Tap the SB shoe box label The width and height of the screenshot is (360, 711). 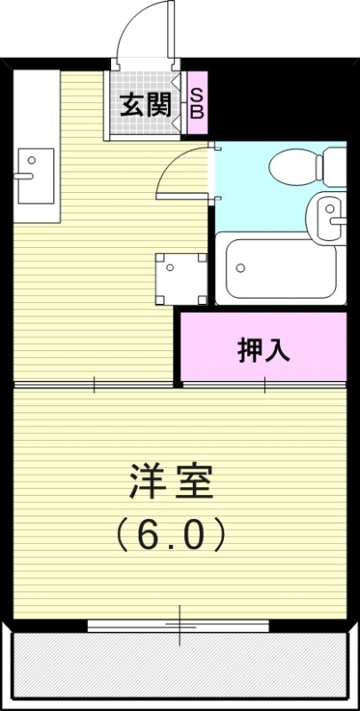click(197, 104)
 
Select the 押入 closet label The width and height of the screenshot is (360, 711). click(263, 349)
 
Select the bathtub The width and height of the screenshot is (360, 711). click(281, 268)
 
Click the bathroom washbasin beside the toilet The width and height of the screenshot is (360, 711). click(326, 214)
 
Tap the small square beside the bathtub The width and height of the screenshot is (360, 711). click(182, 278)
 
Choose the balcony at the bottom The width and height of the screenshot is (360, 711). click(178, 667)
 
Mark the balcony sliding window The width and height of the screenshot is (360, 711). click(178, 625)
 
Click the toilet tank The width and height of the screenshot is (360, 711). click(335, 164)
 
